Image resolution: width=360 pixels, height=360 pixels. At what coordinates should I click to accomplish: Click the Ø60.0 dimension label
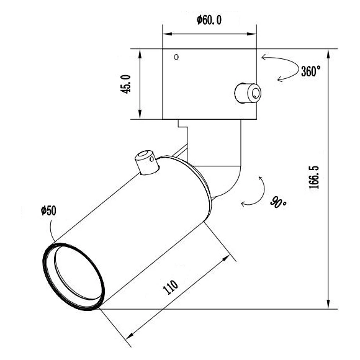[x=209, y=20]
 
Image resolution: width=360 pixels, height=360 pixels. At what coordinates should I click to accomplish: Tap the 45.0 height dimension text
[x=126, y=84]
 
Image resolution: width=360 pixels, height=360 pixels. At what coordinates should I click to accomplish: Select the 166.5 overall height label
[x=314, y=178]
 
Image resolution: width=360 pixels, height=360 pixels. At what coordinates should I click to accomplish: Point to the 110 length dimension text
[x=170, y=287]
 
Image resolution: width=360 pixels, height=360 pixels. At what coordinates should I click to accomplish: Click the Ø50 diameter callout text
[x=48, y=210]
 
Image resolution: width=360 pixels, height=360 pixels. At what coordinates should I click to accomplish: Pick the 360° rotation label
[x=310, y=71]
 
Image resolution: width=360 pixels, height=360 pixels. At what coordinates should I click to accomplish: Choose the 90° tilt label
[x=278, y=202]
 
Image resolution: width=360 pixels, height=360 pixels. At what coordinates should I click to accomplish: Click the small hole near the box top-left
[x=176, y=57]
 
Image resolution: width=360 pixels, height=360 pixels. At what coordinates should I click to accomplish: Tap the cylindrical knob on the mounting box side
[x=248, y=93]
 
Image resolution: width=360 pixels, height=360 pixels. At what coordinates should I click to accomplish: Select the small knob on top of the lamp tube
[x=146, y=162]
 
